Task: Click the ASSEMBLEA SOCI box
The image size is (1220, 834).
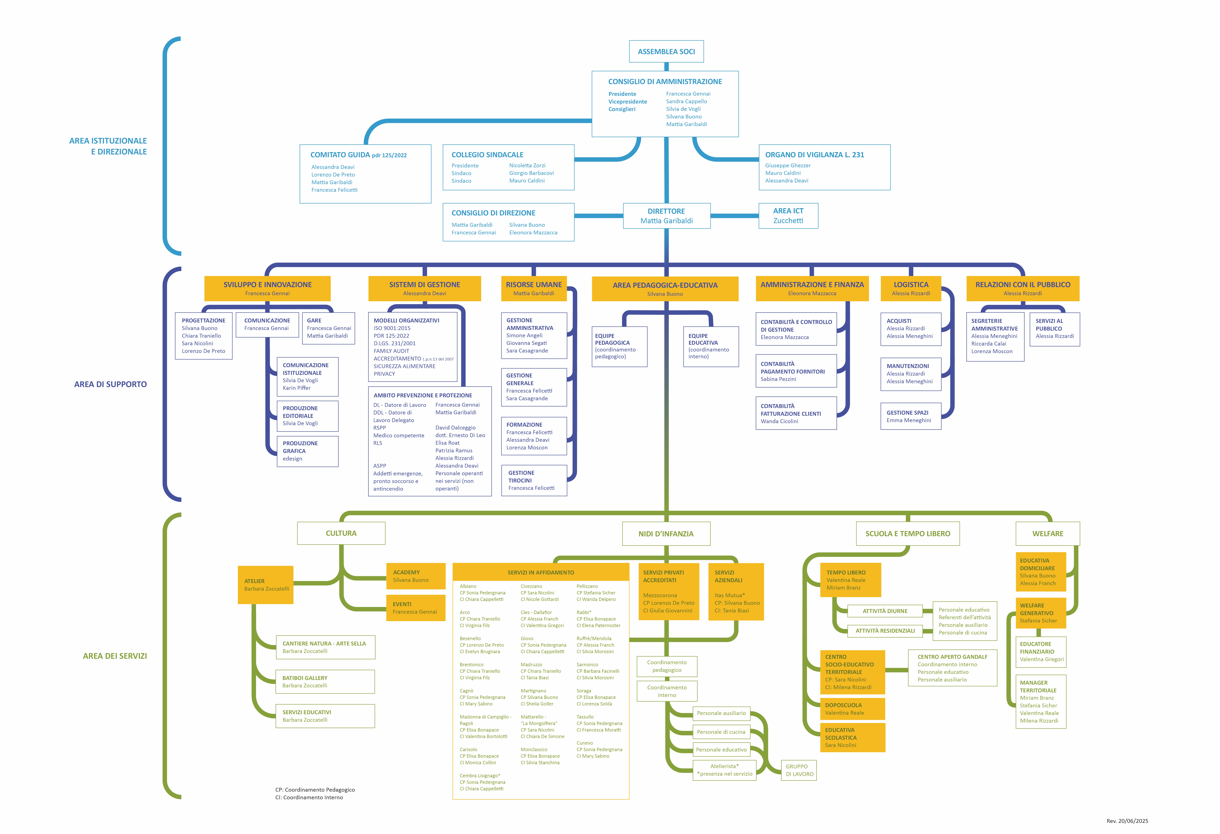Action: [x=666, y=52]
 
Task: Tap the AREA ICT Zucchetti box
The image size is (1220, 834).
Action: [x=788, y=216]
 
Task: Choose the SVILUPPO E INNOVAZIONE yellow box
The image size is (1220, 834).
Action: [x=267, y=288]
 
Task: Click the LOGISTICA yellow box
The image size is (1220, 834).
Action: [x=911, y=288]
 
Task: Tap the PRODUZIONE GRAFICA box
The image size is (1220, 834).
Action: [x=308, y=451]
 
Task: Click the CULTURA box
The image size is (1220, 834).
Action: [x=341, y=533]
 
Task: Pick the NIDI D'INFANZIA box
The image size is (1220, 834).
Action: [x=666, y=534]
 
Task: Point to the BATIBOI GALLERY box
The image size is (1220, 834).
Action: [x=325, y=682]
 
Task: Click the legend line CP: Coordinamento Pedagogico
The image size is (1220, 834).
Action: [x=315, y=790]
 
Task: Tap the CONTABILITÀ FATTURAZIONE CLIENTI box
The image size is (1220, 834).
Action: [x=796, y=413]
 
